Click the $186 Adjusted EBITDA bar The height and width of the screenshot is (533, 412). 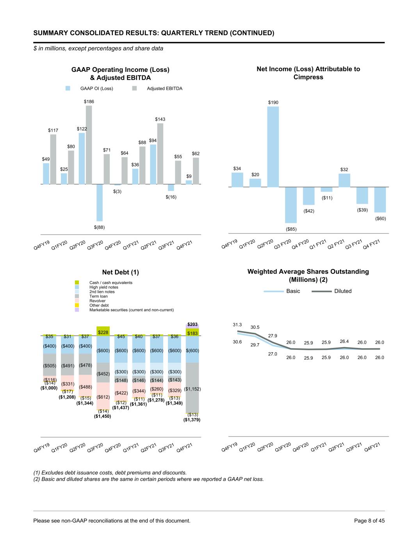89,145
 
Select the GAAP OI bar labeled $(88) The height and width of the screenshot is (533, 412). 99,203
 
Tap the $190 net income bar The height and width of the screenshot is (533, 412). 273,147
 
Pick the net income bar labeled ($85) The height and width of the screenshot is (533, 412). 291,205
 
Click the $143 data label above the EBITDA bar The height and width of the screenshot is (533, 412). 160,119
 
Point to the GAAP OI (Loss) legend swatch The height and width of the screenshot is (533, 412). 68,88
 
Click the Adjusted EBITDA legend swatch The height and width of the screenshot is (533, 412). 134,88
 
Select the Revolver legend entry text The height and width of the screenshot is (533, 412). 97,301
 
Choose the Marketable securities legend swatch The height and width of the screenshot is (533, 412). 77,310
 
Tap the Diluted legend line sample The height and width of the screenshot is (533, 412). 321,291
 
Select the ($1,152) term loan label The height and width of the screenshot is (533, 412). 192,389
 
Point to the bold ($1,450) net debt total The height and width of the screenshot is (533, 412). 102,416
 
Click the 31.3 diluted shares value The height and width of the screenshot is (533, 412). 237,325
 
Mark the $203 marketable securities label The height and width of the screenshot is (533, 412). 192,324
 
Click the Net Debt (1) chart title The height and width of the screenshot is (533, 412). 120,272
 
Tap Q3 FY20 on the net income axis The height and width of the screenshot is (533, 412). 282,244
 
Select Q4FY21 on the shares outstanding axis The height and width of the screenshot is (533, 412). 372,447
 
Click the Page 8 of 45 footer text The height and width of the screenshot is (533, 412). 369,521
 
